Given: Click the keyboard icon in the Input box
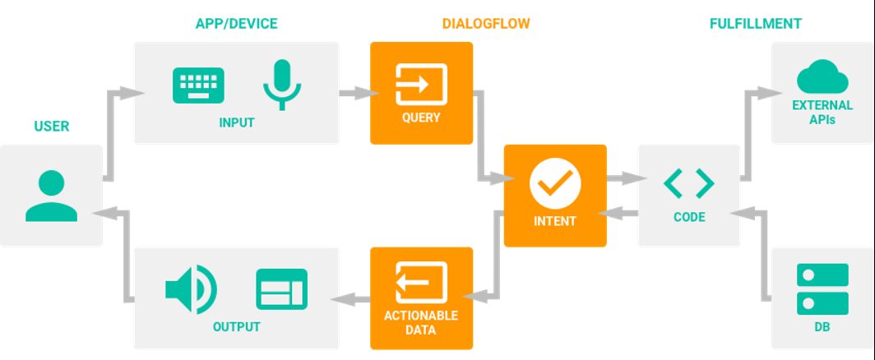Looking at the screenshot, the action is tap(198, 85).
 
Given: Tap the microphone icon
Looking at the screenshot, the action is tap(282, 84).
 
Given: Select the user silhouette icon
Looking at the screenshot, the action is tap(51, 196).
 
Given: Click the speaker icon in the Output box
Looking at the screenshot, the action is tap(191, 289).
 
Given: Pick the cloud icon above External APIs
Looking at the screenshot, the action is tap(822, 76).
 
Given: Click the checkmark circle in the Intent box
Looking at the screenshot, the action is tap(555, 183).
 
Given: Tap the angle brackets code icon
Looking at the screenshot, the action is tap(688, 183).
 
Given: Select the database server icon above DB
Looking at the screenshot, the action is tap(822, 289).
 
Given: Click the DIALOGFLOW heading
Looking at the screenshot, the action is tap(486, 24).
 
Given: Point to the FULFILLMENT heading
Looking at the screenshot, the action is tap(756, 24).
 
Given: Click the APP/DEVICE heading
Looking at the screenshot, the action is tap(236, 24).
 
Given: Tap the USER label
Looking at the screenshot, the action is tap(52, 126).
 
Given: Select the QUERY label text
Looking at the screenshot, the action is tap(421, 118).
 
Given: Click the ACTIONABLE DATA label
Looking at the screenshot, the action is tap(421, 323).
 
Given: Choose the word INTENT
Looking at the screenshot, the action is tap(554, 221).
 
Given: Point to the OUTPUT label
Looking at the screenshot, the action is tap(237, 327).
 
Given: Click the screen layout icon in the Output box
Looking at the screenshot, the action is tap(282, 289).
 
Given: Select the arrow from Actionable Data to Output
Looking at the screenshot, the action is tap(350, 300).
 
